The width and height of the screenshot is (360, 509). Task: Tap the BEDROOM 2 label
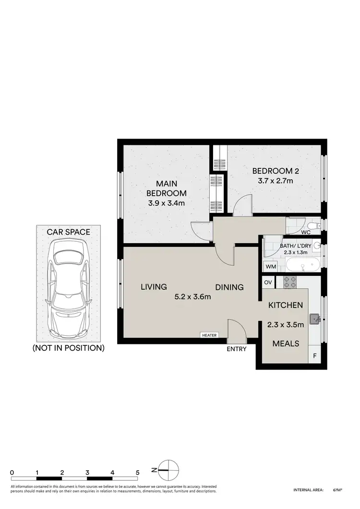click(273, 171)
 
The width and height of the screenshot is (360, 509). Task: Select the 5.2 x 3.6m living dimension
click(192, 296)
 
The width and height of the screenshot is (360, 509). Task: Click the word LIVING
click(154, 287)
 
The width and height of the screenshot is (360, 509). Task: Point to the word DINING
click(229, 287)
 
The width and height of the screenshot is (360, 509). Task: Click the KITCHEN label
click(285, 305)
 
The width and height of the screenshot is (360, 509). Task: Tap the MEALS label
click(286, 343)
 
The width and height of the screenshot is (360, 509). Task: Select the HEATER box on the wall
click(210, 335)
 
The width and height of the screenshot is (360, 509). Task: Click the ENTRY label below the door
click(237, 349)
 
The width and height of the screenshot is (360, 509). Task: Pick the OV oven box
click(267, 283)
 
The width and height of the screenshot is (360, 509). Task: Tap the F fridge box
click(314, 356)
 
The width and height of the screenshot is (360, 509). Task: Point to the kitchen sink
click(314, 317)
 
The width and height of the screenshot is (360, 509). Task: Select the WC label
click(306, 233)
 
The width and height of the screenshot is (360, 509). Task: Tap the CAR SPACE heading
click(68, 232)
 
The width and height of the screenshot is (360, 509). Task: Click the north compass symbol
click(167, 470)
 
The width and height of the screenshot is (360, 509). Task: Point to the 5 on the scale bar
click(137, 472)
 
